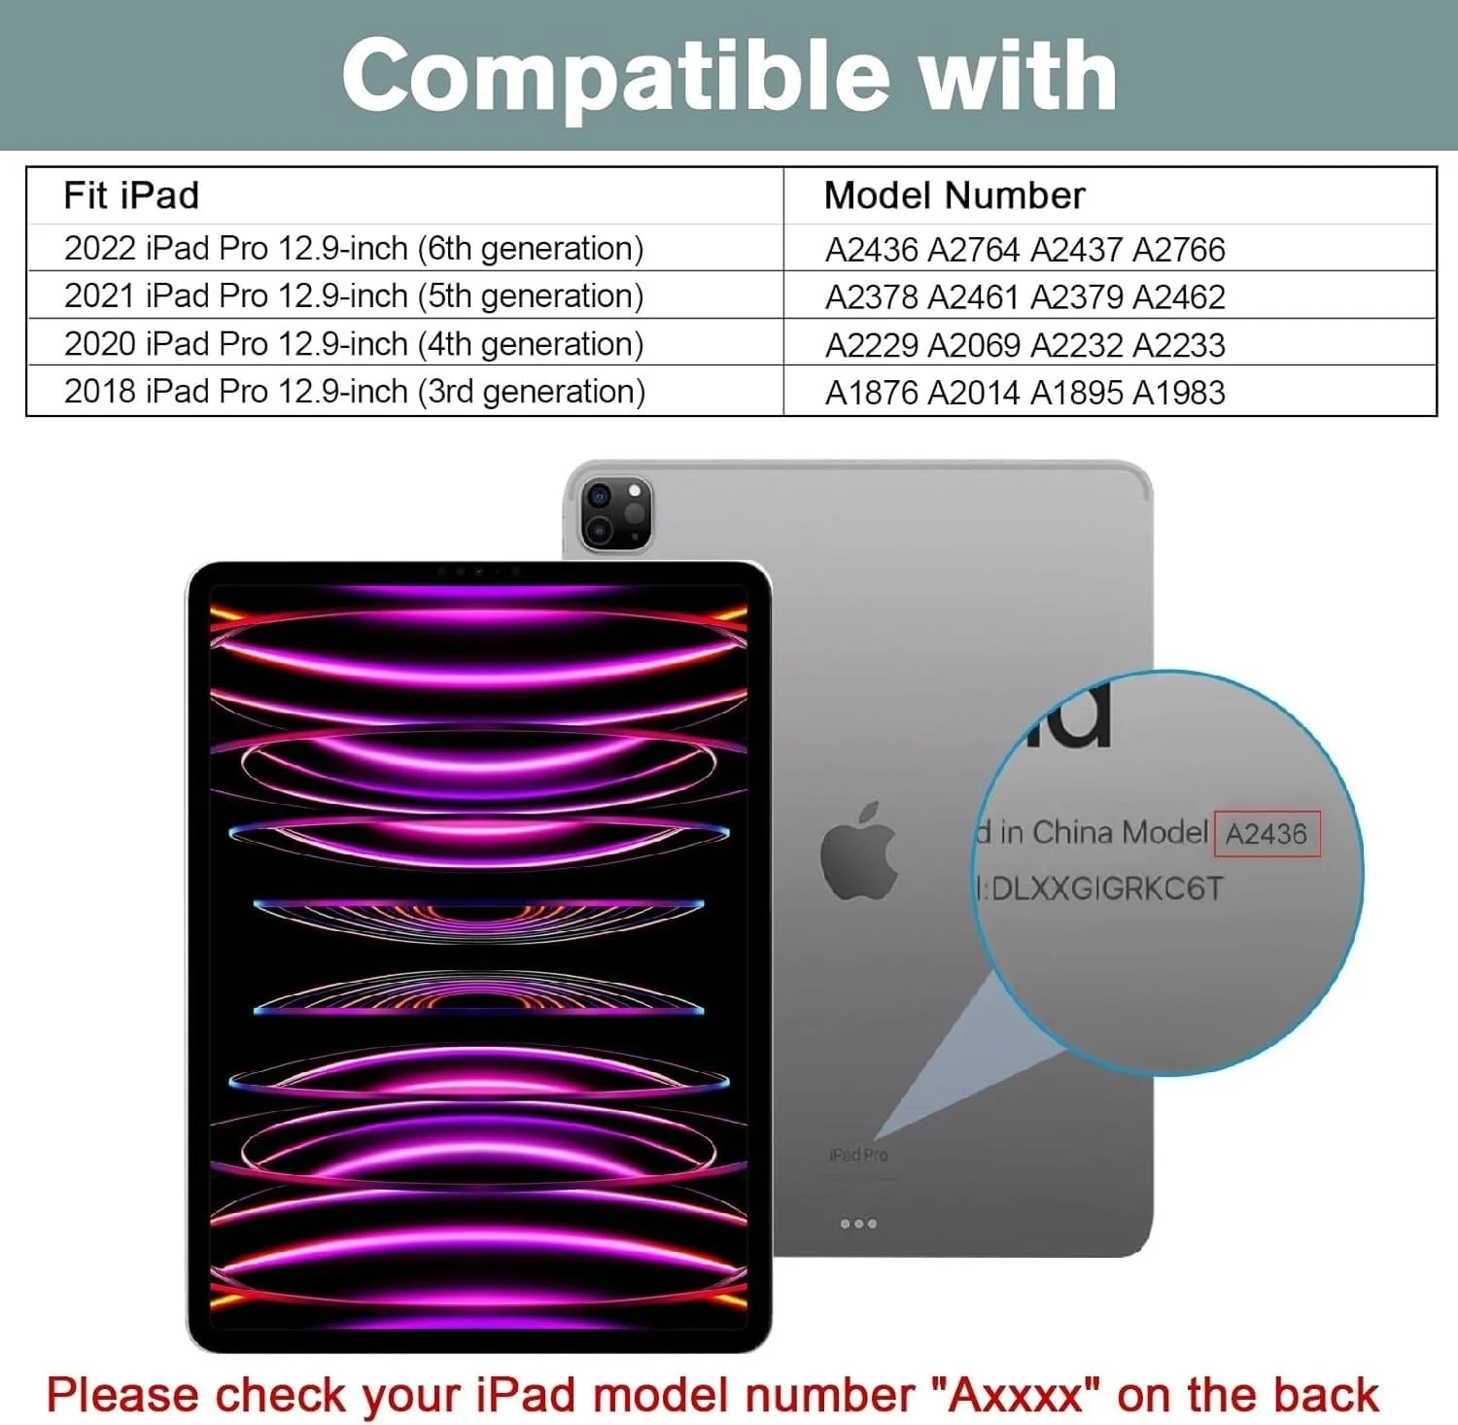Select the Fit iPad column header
(x=131, y=195)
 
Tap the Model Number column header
(x=954, y=195)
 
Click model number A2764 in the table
(x=973, y=250)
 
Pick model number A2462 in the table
(x=1179, y=297)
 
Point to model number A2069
(x=973, y=345)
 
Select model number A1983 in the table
(x=1179, y=393)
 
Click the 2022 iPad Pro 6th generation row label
(x=354, y=249)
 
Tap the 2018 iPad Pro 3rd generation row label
(x=354, y=392)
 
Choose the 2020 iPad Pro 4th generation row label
(x=354, y=344)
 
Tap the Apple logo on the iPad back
(x=858, y=851)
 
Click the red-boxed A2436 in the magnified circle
(x=1267, y=834)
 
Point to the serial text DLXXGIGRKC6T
(x=1107, y=888)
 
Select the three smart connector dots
(x=858, y=1224)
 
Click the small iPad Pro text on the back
(x=858, y=1155)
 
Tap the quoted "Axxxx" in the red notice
(x=1016, y=1395)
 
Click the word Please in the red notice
(x=122, y=1395)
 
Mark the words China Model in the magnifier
(x=1120, y=833)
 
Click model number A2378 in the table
(x=871, y=297)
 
